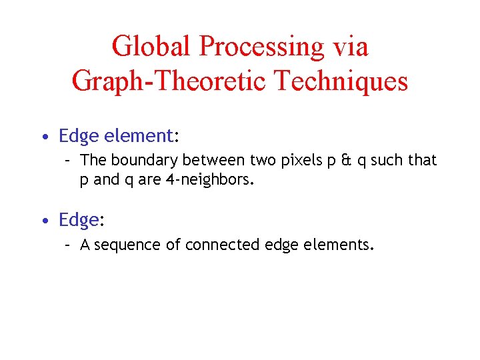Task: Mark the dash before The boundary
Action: [x=68, y=161]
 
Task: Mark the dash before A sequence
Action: [x=68, y=245]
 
